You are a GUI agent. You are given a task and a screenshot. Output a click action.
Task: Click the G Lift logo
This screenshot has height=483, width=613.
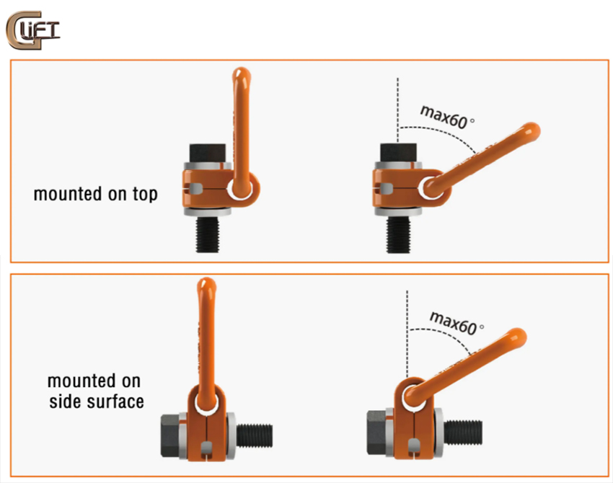33,30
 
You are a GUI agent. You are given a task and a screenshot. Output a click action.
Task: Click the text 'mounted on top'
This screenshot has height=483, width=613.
96,194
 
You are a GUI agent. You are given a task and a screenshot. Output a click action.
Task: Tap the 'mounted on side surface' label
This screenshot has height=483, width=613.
96,391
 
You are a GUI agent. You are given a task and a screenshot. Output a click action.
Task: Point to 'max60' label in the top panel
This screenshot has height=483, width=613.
444,117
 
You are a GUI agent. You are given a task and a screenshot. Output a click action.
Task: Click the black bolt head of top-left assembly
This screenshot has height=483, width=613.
207,153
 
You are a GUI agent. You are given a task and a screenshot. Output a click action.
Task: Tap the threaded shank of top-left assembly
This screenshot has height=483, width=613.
207,234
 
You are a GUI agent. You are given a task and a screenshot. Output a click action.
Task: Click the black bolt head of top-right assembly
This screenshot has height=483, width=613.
398,153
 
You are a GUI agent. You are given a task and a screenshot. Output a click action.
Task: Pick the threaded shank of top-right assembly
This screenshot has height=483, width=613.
398,234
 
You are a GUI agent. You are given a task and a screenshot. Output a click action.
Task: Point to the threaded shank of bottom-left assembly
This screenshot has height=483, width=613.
255,435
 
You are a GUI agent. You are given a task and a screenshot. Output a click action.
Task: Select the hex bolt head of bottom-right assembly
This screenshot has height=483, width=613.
377,433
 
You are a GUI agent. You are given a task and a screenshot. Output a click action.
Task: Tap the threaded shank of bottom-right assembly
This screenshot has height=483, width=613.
463,433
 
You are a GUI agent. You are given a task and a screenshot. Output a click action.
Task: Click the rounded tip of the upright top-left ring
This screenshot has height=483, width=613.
241,74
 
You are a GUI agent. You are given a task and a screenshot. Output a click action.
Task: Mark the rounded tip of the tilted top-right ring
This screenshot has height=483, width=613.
532,132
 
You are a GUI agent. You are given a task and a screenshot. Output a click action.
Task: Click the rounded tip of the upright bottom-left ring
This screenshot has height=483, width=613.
206,285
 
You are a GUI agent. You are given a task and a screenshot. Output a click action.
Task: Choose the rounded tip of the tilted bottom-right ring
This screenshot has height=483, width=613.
518,337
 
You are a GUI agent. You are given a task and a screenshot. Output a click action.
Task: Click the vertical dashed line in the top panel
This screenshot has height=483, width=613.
397,110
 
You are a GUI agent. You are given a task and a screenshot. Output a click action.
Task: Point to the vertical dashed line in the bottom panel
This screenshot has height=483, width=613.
407,334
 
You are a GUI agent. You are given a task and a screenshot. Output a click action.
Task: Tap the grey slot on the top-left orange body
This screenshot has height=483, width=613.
194,188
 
